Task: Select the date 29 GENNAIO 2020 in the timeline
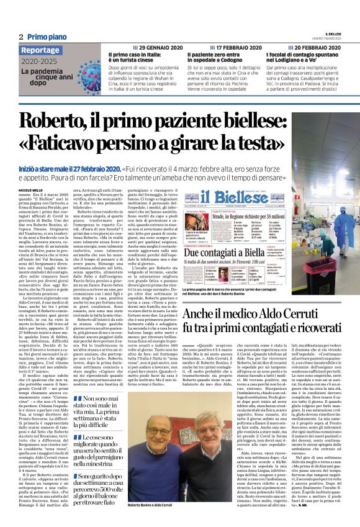160,48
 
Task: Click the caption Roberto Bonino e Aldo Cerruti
149,508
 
